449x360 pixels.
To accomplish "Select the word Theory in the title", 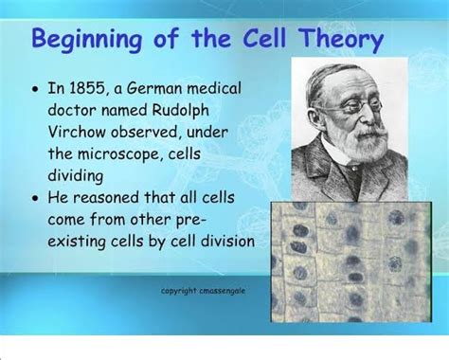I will pyautogui.click(x=338, y=40).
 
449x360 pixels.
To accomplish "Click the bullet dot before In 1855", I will pyautogui.click(x=35, y=90).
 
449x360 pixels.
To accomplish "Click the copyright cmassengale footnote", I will pyautogui.click(x=203, y=291).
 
